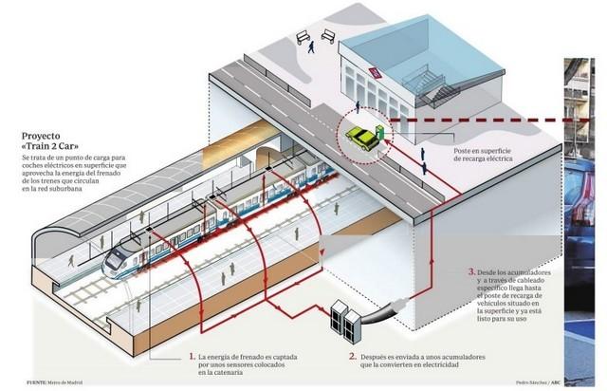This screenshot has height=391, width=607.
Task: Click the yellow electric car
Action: [x=362, y=138]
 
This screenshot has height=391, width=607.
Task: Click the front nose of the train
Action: [x=112, y=257]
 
